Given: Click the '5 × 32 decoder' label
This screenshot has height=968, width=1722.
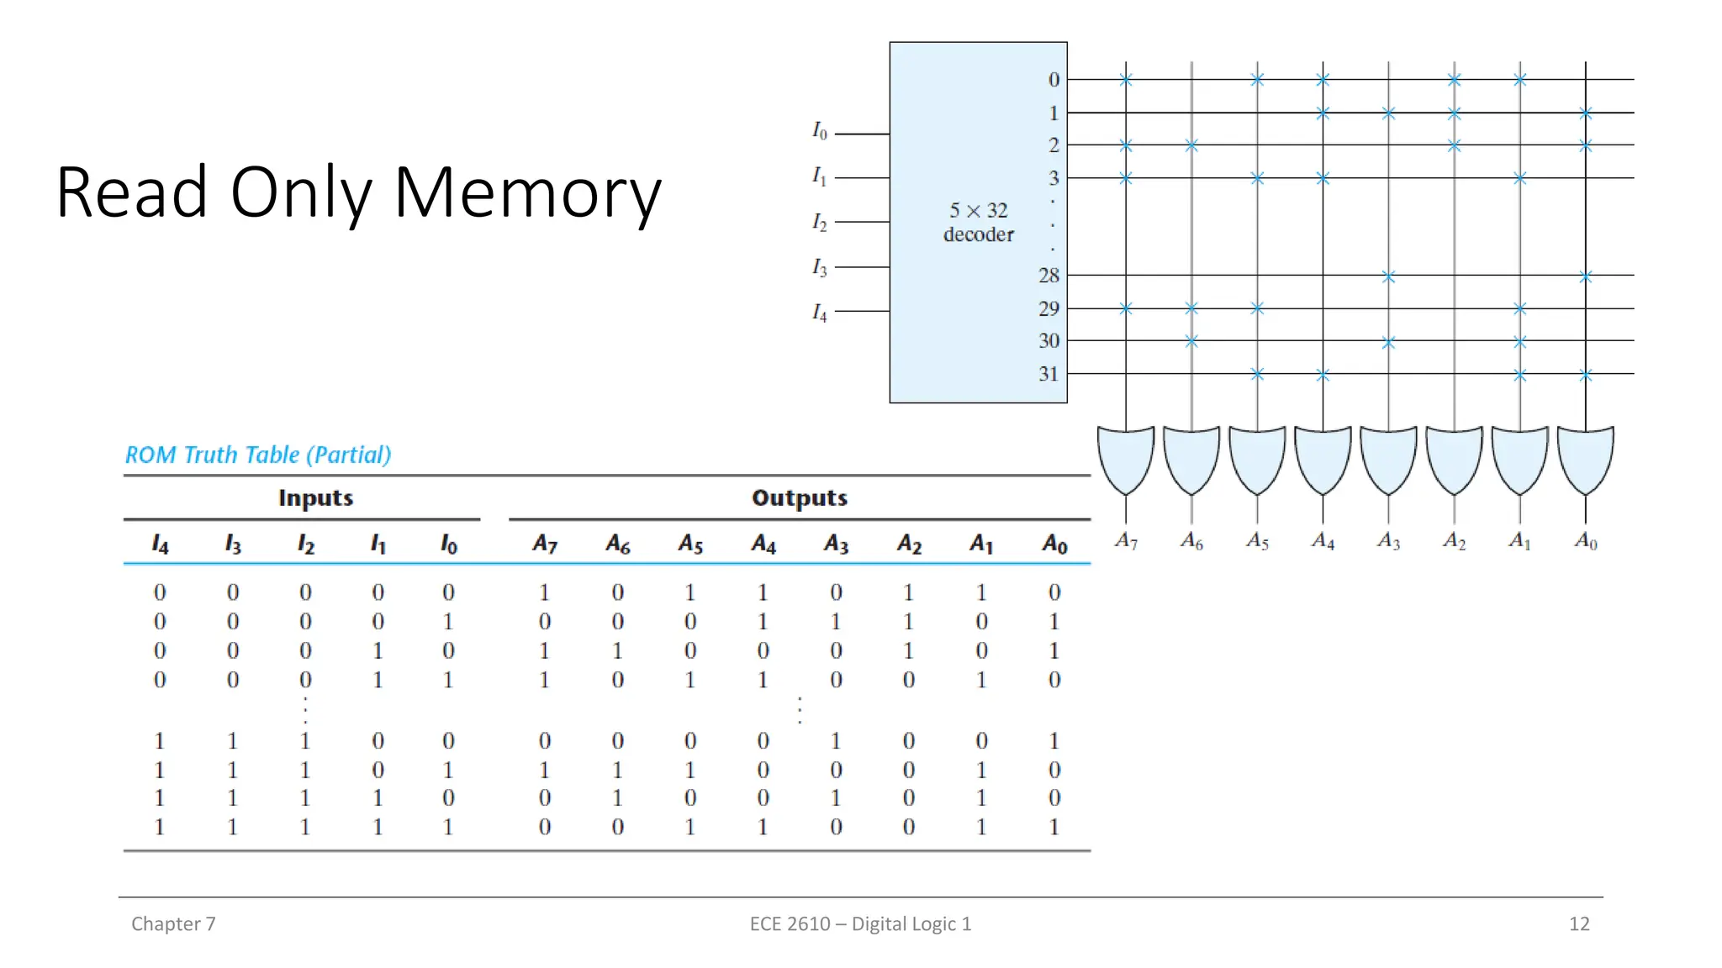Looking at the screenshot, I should (978, 223).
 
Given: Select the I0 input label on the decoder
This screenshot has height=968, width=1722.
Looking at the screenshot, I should (819, 130).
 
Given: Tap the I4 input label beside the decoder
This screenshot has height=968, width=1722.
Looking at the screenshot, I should (819, 313).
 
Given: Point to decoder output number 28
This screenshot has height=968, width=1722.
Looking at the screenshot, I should (1049, 276).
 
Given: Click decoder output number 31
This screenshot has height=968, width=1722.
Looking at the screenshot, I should (1049, 374).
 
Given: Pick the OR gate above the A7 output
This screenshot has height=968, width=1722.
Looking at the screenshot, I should (1126, 459).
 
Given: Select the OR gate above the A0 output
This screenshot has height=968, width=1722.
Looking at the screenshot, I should (1585, 459).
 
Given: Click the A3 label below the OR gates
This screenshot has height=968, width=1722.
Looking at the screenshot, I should (1388, 541).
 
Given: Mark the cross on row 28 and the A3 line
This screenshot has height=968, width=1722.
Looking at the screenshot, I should (1388, 276).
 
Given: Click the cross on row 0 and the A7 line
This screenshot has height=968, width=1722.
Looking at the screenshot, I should (1126, 80).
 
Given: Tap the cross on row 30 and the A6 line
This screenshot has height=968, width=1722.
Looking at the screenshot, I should (1191, 341).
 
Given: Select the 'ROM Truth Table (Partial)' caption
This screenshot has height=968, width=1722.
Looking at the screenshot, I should (258, 455).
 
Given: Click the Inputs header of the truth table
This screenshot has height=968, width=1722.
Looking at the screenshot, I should (315, 498).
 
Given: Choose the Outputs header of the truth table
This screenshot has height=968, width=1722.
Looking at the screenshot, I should (799, 498).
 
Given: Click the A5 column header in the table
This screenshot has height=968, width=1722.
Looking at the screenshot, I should (690, 544).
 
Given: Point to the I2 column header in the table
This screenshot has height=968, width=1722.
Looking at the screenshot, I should (305, 544).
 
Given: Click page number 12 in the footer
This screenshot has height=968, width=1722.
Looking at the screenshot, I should (1578, 923).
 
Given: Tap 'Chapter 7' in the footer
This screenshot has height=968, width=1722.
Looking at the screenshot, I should (173, 923).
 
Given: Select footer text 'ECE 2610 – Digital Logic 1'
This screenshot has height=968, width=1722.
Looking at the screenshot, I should (860, 923).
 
